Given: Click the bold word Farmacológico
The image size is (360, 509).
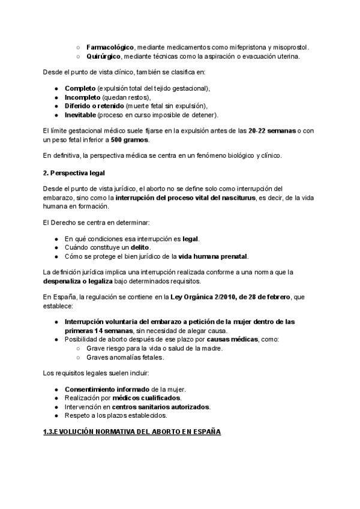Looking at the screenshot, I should click(x=110, y=46).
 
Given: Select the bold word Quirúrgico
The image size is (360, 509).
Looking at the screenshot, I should click(x=104, y=56).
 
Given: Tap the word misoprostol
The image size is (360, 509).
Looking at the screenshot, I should click(x=287, y=46).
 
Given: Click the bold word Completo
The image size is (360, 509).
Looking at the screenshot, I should click(x=80, y=88).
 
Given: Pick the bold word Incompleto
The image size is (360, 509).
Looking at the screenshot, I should click(x=82, y=97).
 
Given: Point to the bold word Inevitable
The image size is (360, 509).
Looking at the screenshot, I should click(x=81, y=115).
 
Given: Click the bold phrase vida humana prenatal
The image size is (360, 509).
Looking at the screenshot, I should click(x=212, y=256).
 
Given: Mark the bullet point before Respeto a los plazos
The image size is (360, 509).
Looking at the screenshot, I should click(x=56, y=415).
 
